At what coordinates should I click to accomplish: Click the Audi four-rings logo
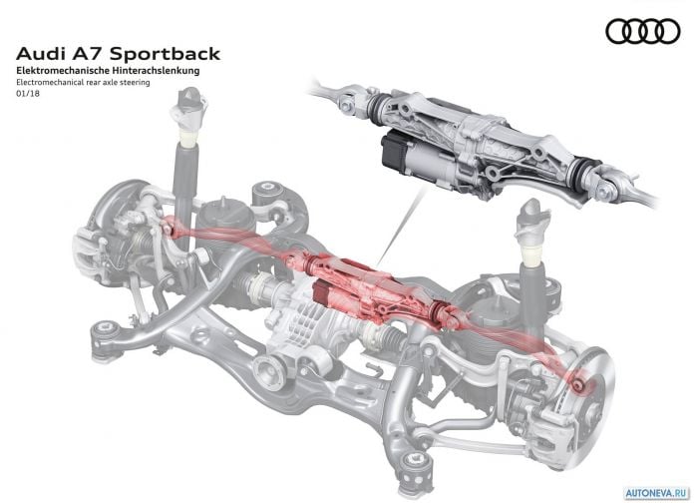pyautogui.click(x=643, y=32)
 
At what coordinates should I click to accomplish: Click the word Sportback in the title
pyautogui.click(x=165, y=54)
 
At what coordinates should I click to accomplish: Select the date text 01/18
pyautogui.click(x=28, y=94)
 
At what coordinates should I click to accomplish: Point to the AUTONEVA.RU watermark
pyautogui.click(x=657, y=492)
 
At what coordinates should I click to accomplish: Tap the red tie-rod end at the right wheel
pyautogui.click(x=577, y=384)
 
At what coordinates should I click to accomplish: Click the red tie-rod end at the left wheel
pyautogui.click(x=167, y=230)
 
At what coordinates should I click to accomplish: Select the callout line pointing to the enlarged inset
pyautogui.click(x=402, y=225)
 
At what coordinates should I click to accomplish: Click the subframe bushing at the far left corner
pyautogui.click(x=108, y=336)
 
